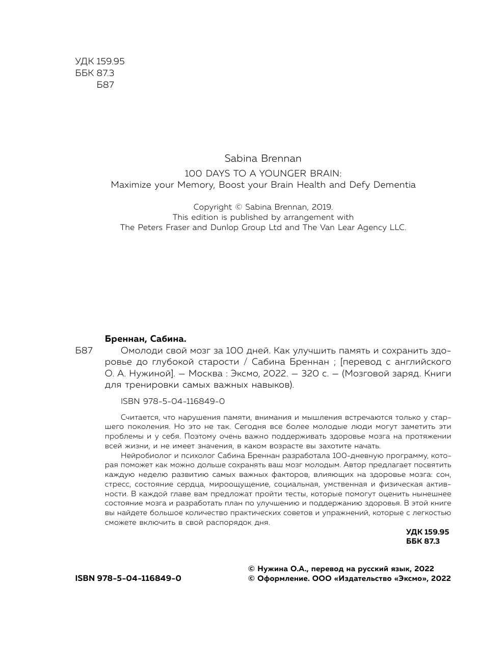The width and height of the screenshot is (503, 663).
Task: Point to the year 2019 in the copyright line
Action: click(321, 207)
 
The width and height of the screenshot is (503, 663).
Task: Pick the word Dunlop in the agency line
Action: click(224, 227)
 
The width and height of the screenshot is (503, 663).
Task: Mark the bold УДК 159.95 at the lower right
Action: click(428, 531)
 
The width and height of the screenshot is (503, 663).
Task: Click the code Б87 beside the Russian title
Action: click(84, 351)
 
